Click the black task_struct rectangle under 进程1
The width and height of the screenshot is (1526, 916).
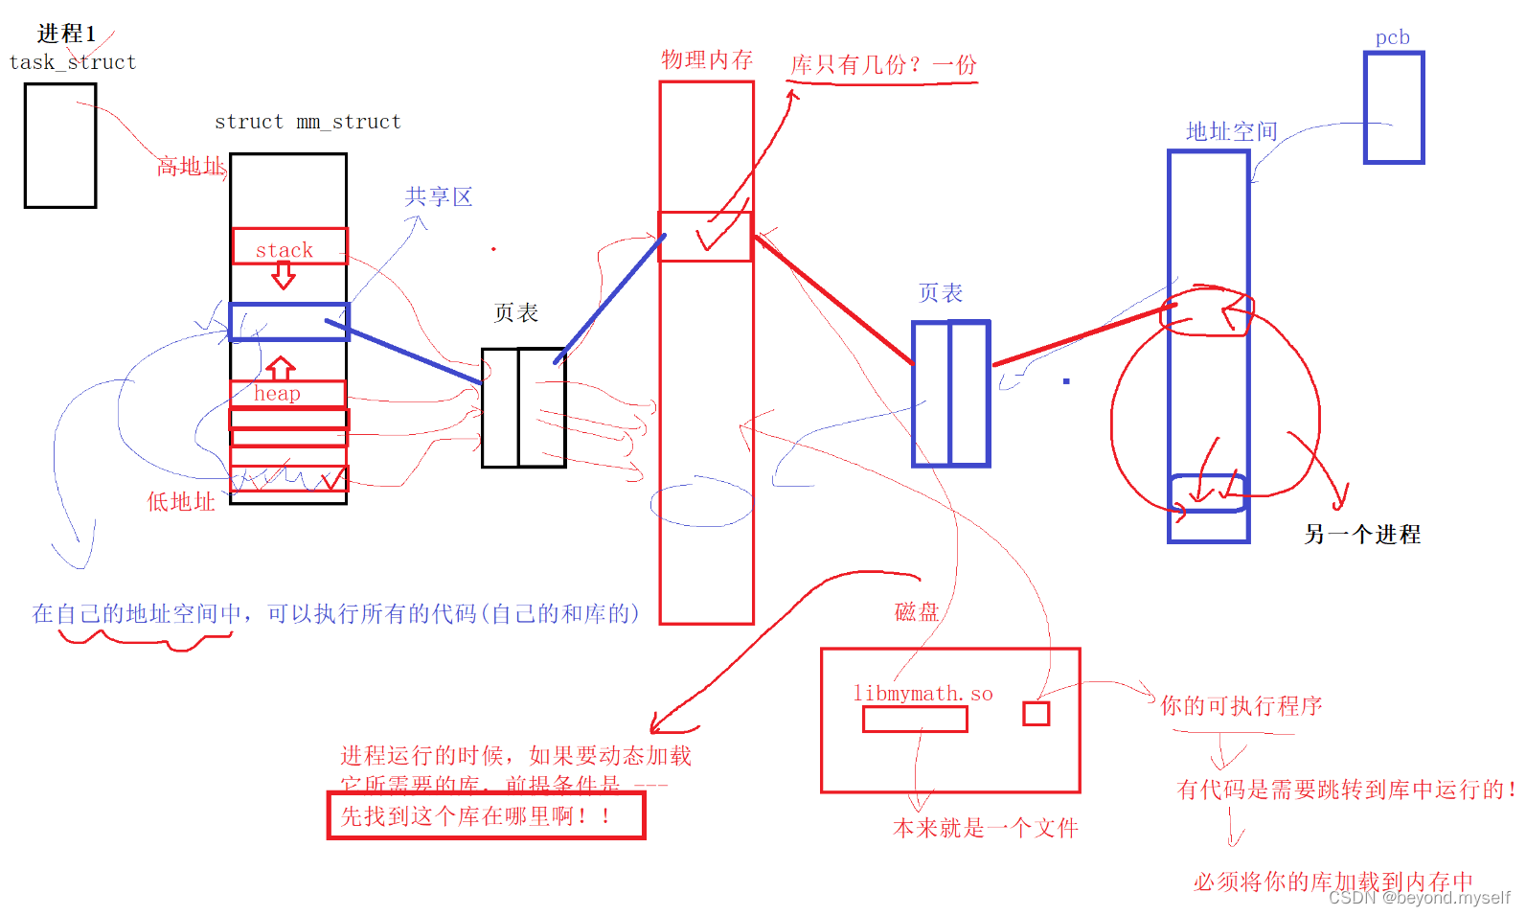60,146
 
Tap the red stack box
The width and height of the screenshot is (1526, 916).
288,246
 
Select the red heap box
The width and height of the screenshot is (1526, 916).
286,394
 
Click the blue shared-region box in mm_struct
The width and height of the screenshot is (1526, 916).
288,322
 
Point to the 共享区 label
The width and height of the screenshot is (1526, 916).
439,197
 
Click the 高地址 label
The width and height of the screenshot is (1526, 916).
191,167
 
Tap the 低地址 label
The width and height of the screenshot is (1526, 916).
180,502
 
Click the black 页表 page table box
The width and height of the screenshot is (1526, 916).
523,408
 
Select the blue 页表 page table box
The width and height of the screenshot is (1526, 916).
950,394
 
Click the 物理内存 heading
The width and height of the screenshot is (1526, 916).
707,59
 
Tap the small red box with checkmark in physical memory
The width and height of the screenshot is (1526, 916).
706,237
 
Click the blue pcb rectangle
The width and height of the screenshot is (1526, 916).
1394,107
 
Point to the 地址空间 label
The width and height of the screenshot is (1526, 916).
1231,131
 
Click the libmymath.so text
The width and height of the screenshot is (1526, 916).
922,694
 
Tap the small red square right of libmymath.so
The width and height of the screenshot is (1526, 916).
1036,714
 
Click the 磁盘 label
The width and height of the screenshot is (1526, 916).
916,612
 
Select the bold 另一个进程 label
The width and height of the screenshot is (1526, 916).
1361,535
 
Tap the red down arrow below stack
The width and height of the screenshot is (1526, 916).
284,276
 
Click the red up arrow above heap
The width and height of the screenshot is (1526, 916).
280,368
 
